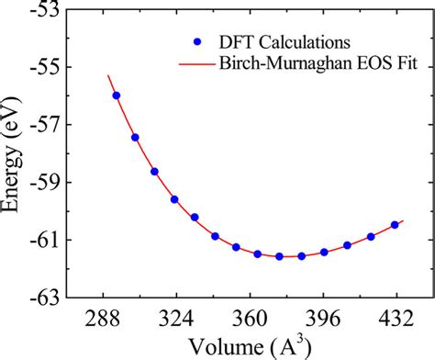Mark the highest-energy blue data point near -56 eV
point(116,96)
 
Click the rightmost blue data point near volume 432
point(395,225)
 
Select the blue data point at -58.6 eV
point(154,172)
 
